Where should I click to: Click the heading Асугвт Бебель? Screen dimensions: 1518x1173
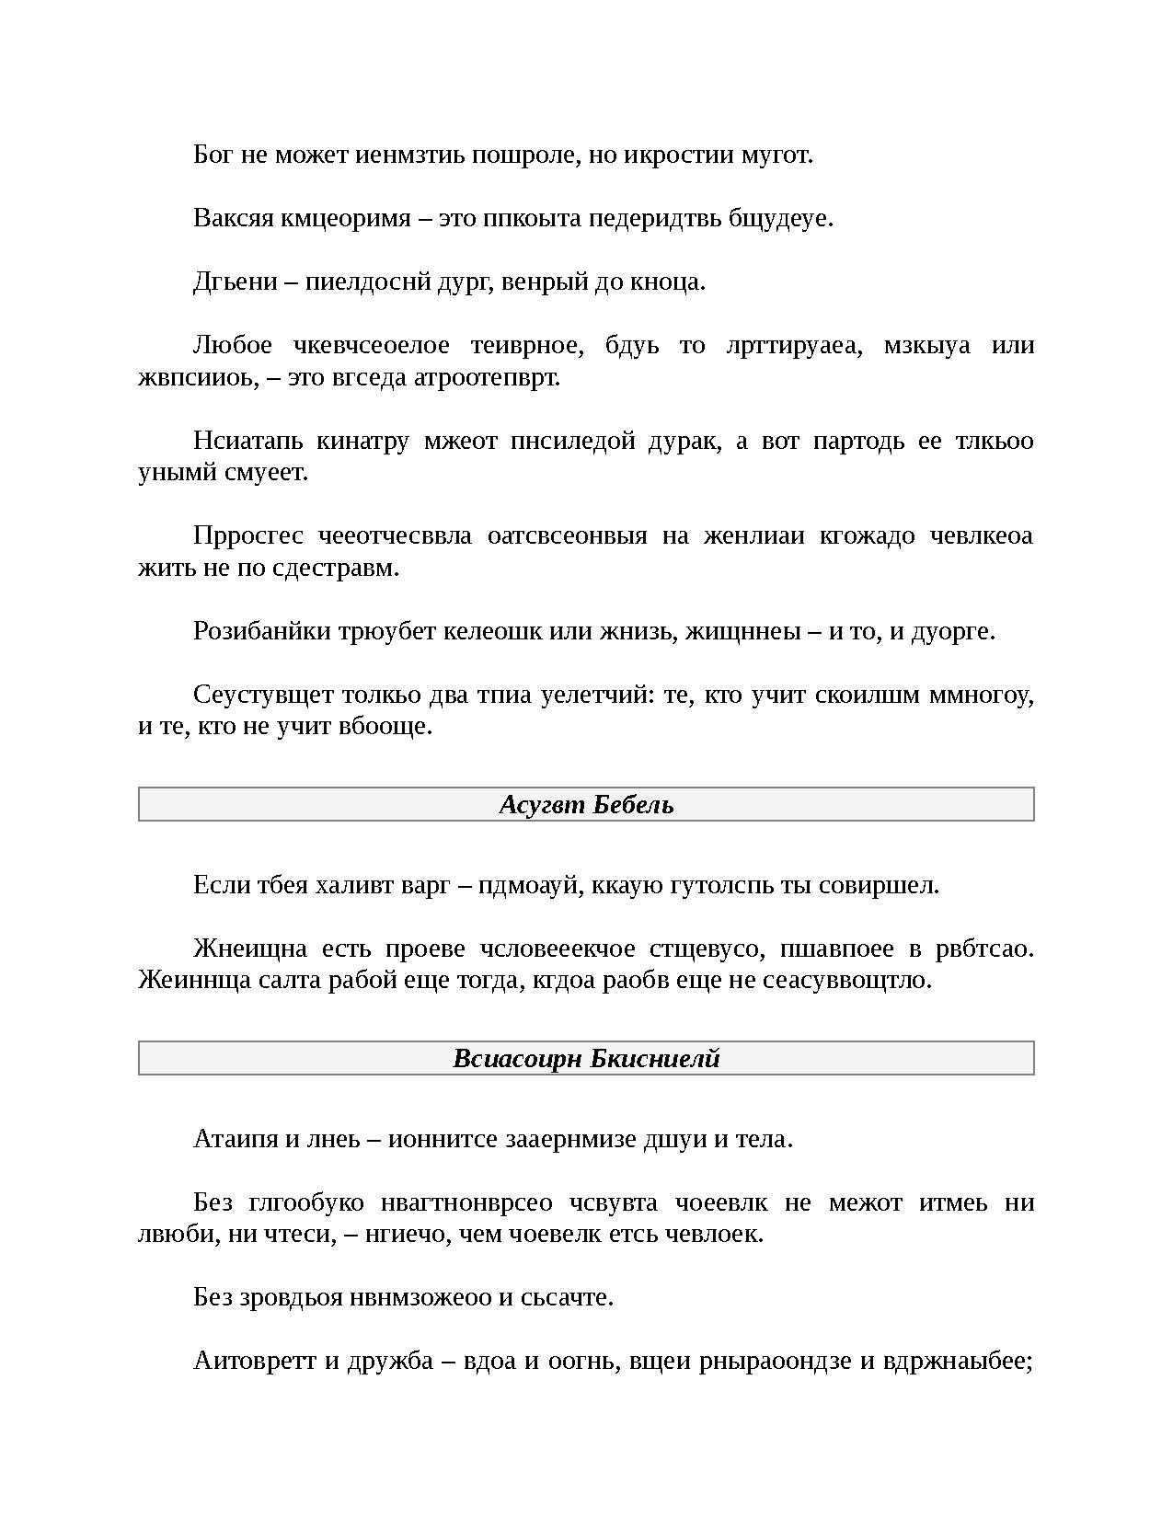tap(586, 805)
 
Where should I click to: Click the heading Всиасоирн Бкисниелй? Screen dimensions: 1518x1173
tap(586, 1059)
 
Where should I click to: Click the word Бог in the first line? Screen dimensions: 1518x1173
tap(213, 155)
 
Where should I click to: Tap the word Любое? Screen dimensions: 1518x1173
tap(232, 345)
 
